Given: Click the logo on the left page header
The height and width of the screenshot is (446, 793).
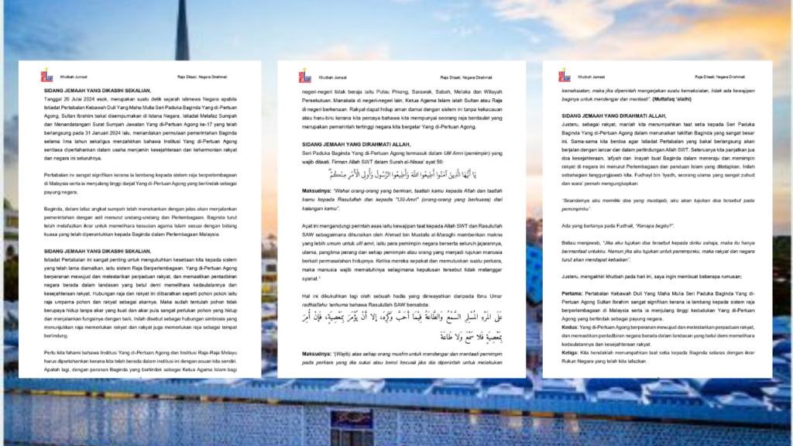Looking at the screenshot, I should [x=47, y=76].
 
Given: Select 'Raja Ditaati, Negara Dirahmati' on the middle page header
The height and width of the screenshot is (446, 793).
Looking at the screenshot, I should [x=466, y=78].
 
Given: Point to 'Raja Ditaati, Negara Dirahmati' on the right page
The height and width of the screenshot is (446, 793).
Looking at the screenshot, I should [x=719, y=77].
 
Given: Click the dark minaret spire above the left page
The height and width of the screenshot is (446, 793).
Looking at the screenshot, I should [x=182, y=31].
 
